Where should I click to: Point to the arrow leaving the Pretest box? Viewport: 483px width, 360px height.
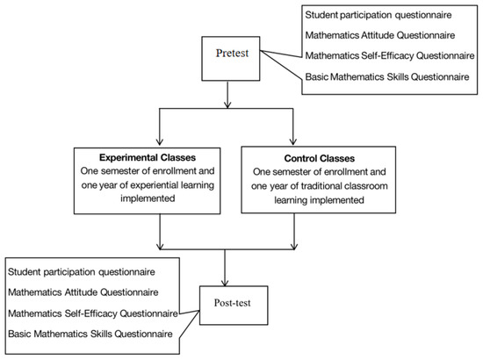[x=227, y=91]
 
